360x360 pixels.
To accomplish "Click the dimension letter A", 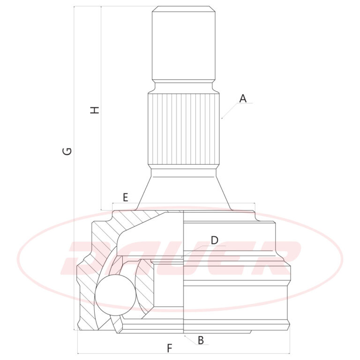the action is coord(243,98).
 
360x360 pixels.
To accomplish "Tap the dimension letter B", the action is coord(201,340).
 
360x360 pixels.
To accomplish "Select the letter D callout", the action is coord(214,240).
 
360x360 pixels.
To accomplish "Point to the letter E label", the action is coord(125,197).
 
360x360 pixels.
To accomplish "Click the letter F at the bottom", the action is coord(169,348).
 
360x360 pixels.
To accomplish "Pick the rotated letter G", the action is coord(67,151).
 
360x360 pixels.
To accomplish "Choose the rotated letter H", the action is coord(94,110).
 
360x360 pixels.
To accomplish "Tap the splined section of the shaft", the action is coord(183,129).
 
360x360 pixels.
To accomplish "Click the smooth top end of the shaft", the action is coord(184,43).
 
